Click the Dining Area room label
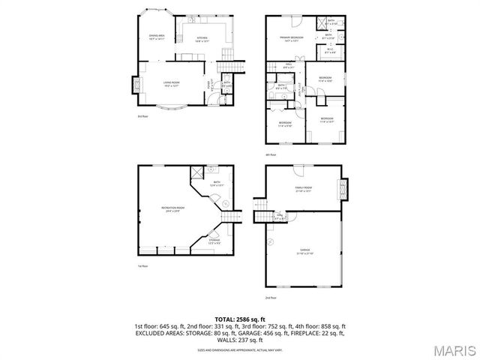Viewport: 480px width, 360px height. pyautogui.click(x=157, y=37)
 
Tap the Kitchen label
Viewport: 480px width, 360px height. pyautogui.click(x=202, y=37)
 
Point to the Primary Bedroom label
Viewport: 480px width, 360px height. pyautogui.click(x=291, y=38)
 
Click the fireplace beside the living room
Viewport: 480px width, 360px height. pyautogui.click(x=136, y=85)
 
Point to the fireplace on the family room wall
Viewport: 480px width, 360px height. pyautogui.click(x=344, y=189)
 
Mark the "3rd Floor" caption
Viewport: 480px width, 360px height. pyautogui.click(x=142, y=117)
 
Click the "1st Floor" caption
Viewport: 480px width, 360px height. pyautogui.click(x=142, y=265)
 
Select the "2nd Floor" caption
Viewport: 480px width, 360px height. pyautogui.click(x=270, y=298)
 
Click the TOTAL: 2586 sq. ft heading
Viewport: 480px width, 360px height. pyautogui.click(x=240, y=319)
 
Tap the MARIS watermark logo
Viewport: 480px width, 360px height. pyautogui.click(x=454, y=350)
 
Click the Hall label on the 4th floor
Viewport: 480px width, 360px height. pyautogui.click(x=288, y=65)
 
